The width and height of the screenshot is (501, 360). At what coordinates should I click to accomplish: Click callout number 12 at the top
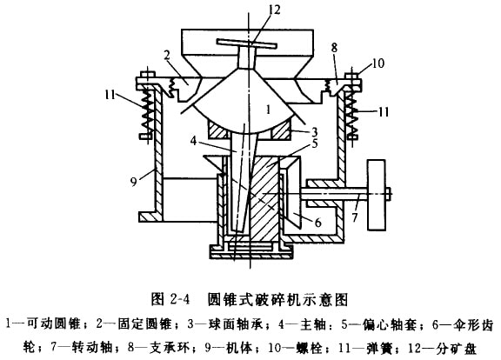tap(274, 10)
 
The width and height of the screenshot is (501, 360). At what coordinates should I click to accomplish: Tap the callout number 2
tap(167, 56)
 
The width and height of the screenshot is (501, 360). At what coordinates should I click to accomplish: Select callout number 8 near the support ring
tap(334, 48)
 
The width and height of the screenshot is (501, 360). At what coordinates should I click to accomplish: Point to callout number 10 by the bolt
tap(377, 63)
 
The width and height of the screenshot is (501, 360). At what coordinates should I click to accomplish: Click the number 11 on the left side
tap(110, 95)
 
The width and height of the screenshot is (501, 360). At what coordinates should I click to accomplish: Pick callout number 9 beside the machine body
tap(134, 181)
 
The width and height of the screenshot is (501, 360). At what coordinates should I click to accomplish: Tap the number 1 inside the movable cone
tap(269, 110)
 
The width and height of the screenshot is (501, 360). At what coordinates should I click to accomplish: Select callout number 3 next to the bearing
tap(314, 131)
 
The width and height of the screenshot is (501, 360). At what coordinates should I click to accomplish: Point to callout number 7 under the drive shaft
tap(355, 217)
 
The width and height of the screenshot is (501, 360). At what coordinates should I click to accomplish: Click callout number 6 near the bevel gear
tap(318, 223)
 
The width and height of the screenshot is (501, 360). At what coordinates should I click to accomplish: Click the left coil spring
tap(146, 110)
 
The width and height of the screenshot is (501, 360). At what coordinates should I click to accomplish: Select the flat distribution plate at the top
tap(245, 43)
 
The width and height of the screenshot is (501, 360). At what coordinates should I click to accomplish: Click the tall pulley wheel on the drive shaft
tap(377, 195)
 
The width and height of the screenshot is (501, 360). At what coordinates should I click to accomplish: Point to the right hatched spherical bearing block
tap(281, 130)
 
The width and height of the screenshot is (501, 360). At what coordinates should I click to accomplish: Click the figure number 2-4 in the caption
tap(180, 299)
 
